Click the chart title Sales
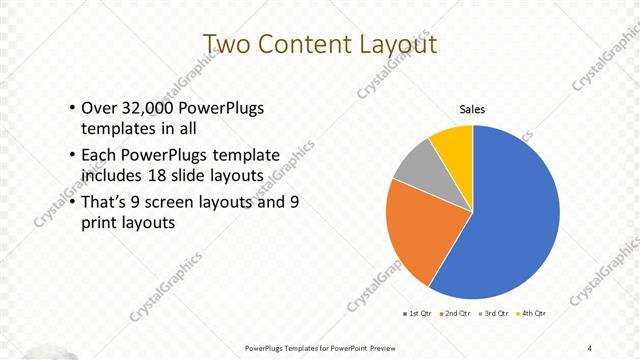(x=472, y=109)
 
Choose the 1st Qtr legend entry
(x=417, y=314)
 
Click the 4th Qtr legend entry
(x=533, y=314)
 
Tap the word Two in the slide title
(x=228, y=45)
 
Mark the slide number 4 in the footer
(x=589, y=347)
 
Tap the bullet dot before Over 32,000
(x=72, y=109)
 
